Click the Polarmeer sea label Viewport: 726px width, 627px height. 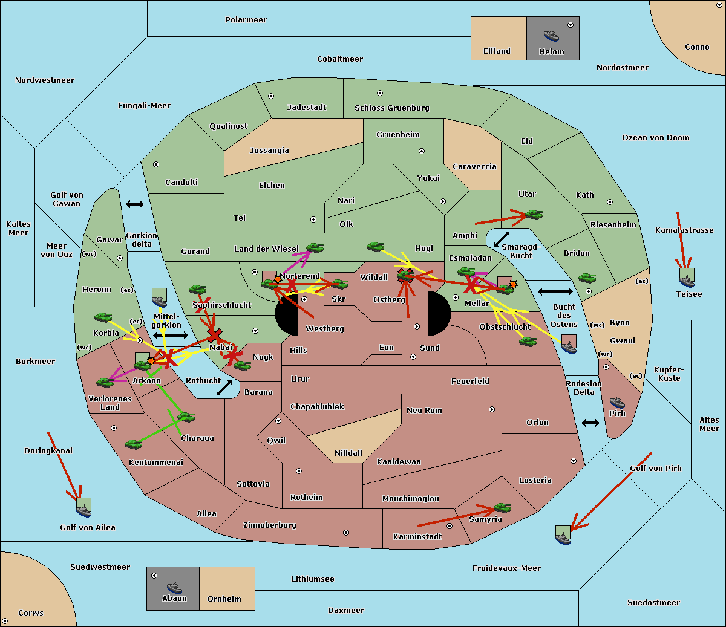pyautogui.click(x=246, y=20)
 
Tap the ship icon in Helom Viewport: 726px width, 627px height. pyautogui.click(x=551, y=35)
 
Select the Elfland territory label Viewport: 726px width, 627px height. pyautogui.click(x=497, y=51)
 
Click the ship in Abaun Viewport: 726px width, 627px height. pyautogui.click(x=174, y=587)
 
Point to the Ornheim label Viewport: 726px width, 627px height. pyautogui.click(x=224, y=599)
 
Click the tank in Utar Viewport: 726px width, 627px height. pyautogui.click(x=534, y=215)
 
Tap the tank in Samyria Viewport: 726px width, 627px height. pyautogui.click(x=502, y=507)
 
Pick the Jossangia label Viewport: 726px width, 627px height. pyautogui.click(x=269, y=151)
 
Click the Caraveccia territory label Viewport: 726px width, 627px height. pyautogui.click(x=474, y=167)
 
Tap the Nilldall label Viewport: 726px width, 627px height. pyautogui.click(x=348, y=453)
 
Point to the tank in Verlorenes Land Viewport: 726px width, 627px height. pyautogui.click(x=105, y=382)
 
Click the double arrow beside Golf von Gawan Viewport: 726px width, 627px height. pyautogui.click(x=135, y=204)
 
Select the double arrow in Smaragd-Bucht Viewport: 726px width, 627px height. pyautogui.click(x=502, y=239)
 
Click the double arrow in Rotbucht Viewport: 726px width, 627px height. pyautogui.click(x=224, y=388)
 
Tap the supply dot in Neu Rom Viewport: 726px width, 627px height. pyautogui.click(x=492, y=409)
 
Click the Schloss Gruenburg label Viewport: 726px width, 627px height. pyautogui.click(x=391, y=108)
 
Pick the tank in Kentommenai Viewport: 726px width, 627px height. pyautogui.click(x=133, y=444)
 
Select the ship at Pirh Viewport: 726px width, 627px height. pyautogui.click(x=616, y=402)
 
